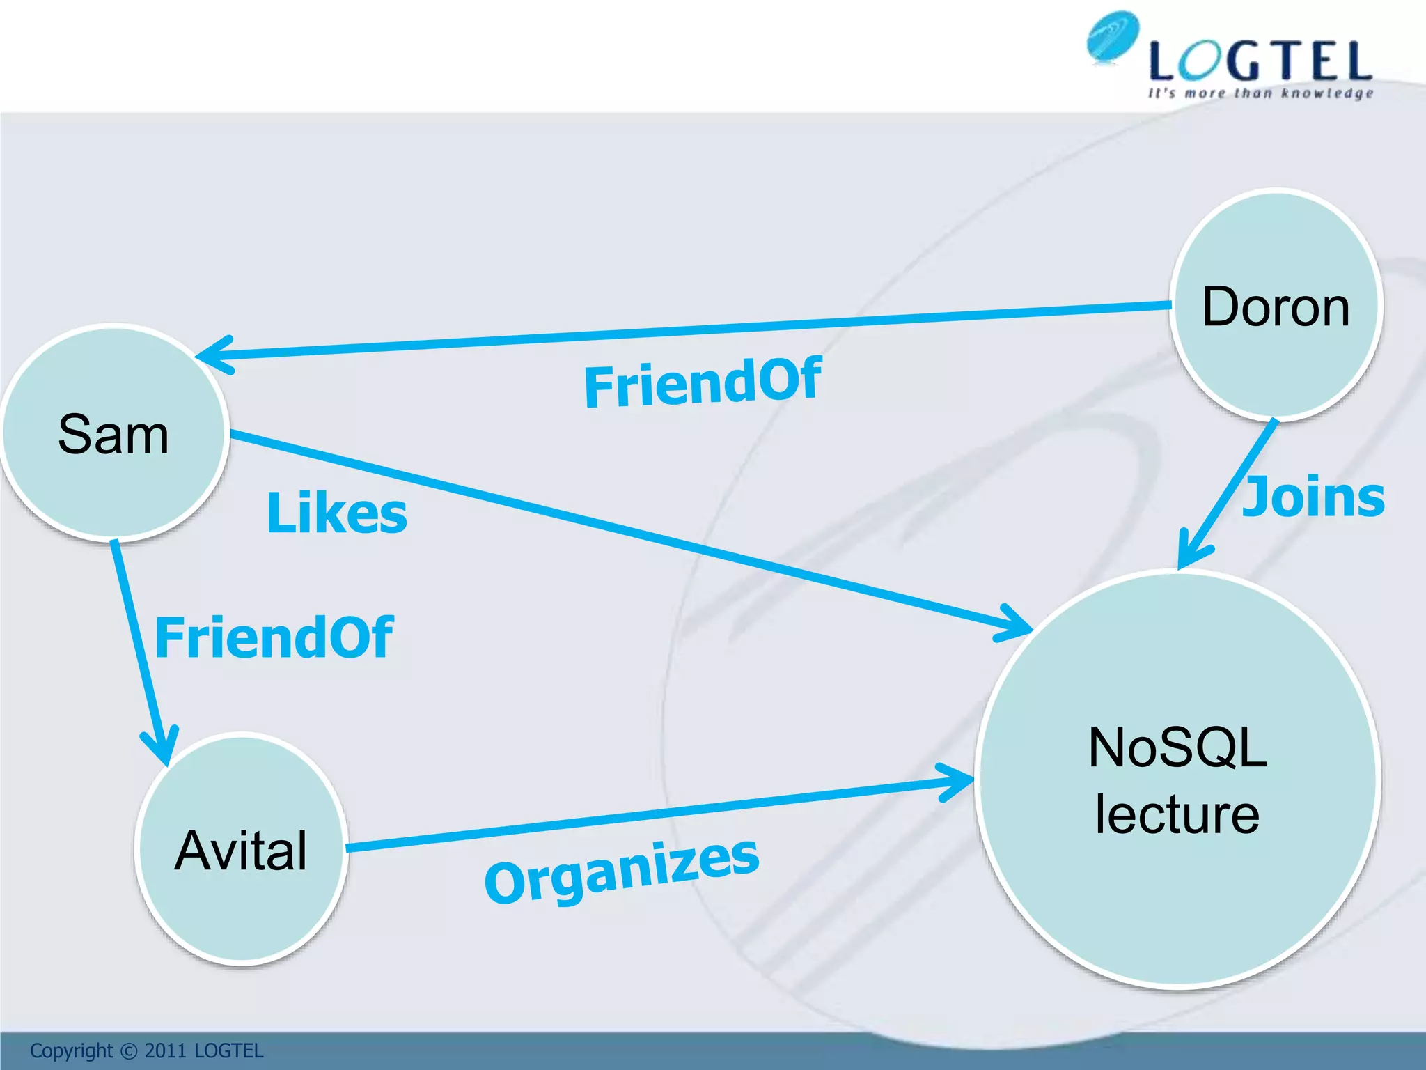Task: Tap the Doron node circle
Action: point(1276,305)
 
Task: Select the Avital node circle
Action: point(241,850)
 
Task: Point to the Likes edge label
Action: point(337,513)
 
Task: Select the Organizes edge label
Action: point(621,871)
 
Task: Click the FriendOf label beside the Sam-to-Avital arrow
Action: point(274,637)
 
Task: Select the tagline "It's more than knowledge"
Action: point(1260,93)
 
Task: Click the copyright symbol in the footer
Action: point(129,1051)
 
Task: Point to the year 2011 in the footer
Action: point(165,1051)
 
